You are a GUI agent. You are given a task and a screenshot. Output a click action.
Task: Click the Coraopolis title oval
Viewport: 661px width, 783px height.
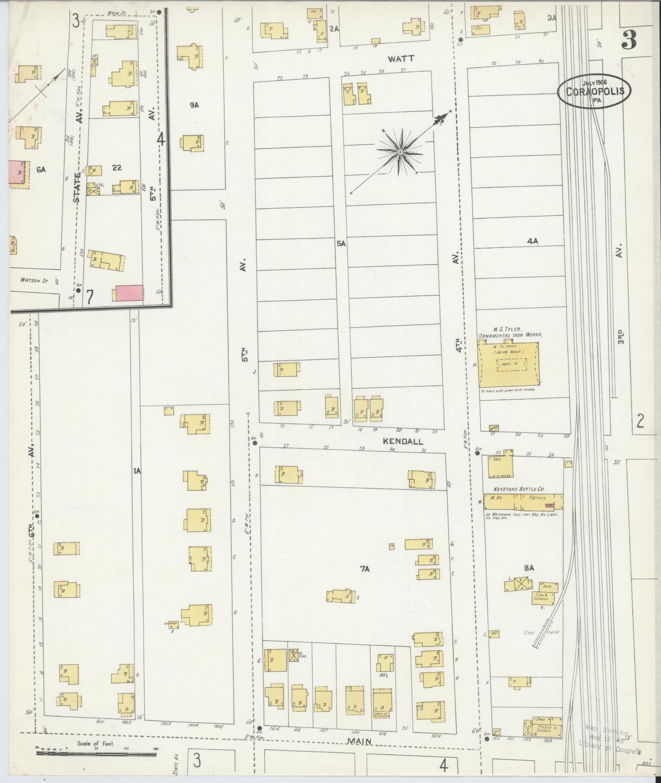(x=594, y=91)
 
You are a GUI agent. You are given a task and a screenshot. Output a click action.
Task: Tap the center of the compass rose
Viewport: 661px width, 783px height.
(x=399, y=152)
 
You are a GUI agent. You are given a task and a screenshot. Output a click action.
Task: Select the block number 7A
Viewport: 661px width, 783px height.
(x=365, y=569)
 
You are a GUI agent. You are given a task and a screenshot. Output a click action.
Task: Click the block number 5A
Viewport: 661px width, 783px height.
(x=341, y=244)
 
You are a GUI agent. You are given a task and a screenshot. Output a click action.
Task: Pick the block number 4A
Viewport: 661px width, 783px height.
(x=532, y=241)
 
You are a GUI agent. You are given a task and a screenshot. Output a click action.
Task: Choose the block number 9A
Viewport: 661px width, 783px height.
(x=194, y=105)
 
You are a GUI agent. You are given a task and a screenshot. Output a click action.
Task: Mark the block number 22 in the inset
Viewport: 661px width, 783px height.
(x=117, y=167)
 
